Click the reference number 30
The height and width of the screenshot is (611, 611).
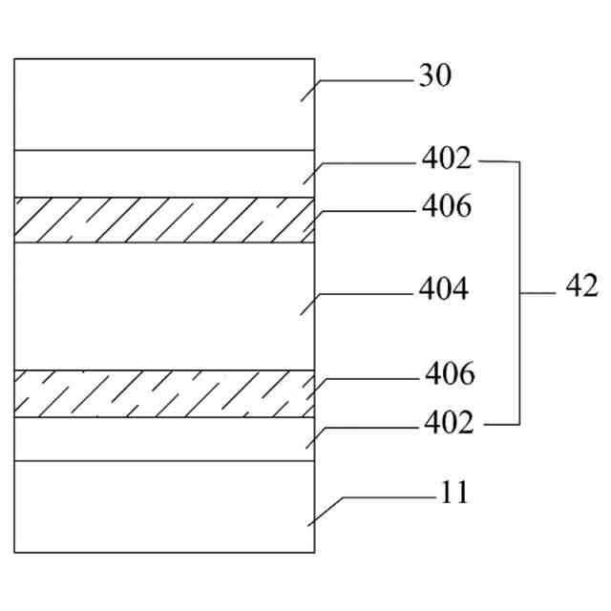[x=434, y=77]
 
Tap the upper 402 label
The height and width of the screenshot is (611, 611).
[x=446, y=159]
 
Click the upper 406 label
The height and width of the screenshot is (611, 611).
[x=446, y=206]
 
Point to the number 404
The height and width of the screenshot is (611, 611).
[x=444, y=289]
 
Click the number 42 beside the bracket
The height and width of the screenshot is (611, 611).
[x=580, y=285]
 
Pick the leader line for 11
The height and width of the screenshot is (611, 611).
[x=382, y=496]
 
